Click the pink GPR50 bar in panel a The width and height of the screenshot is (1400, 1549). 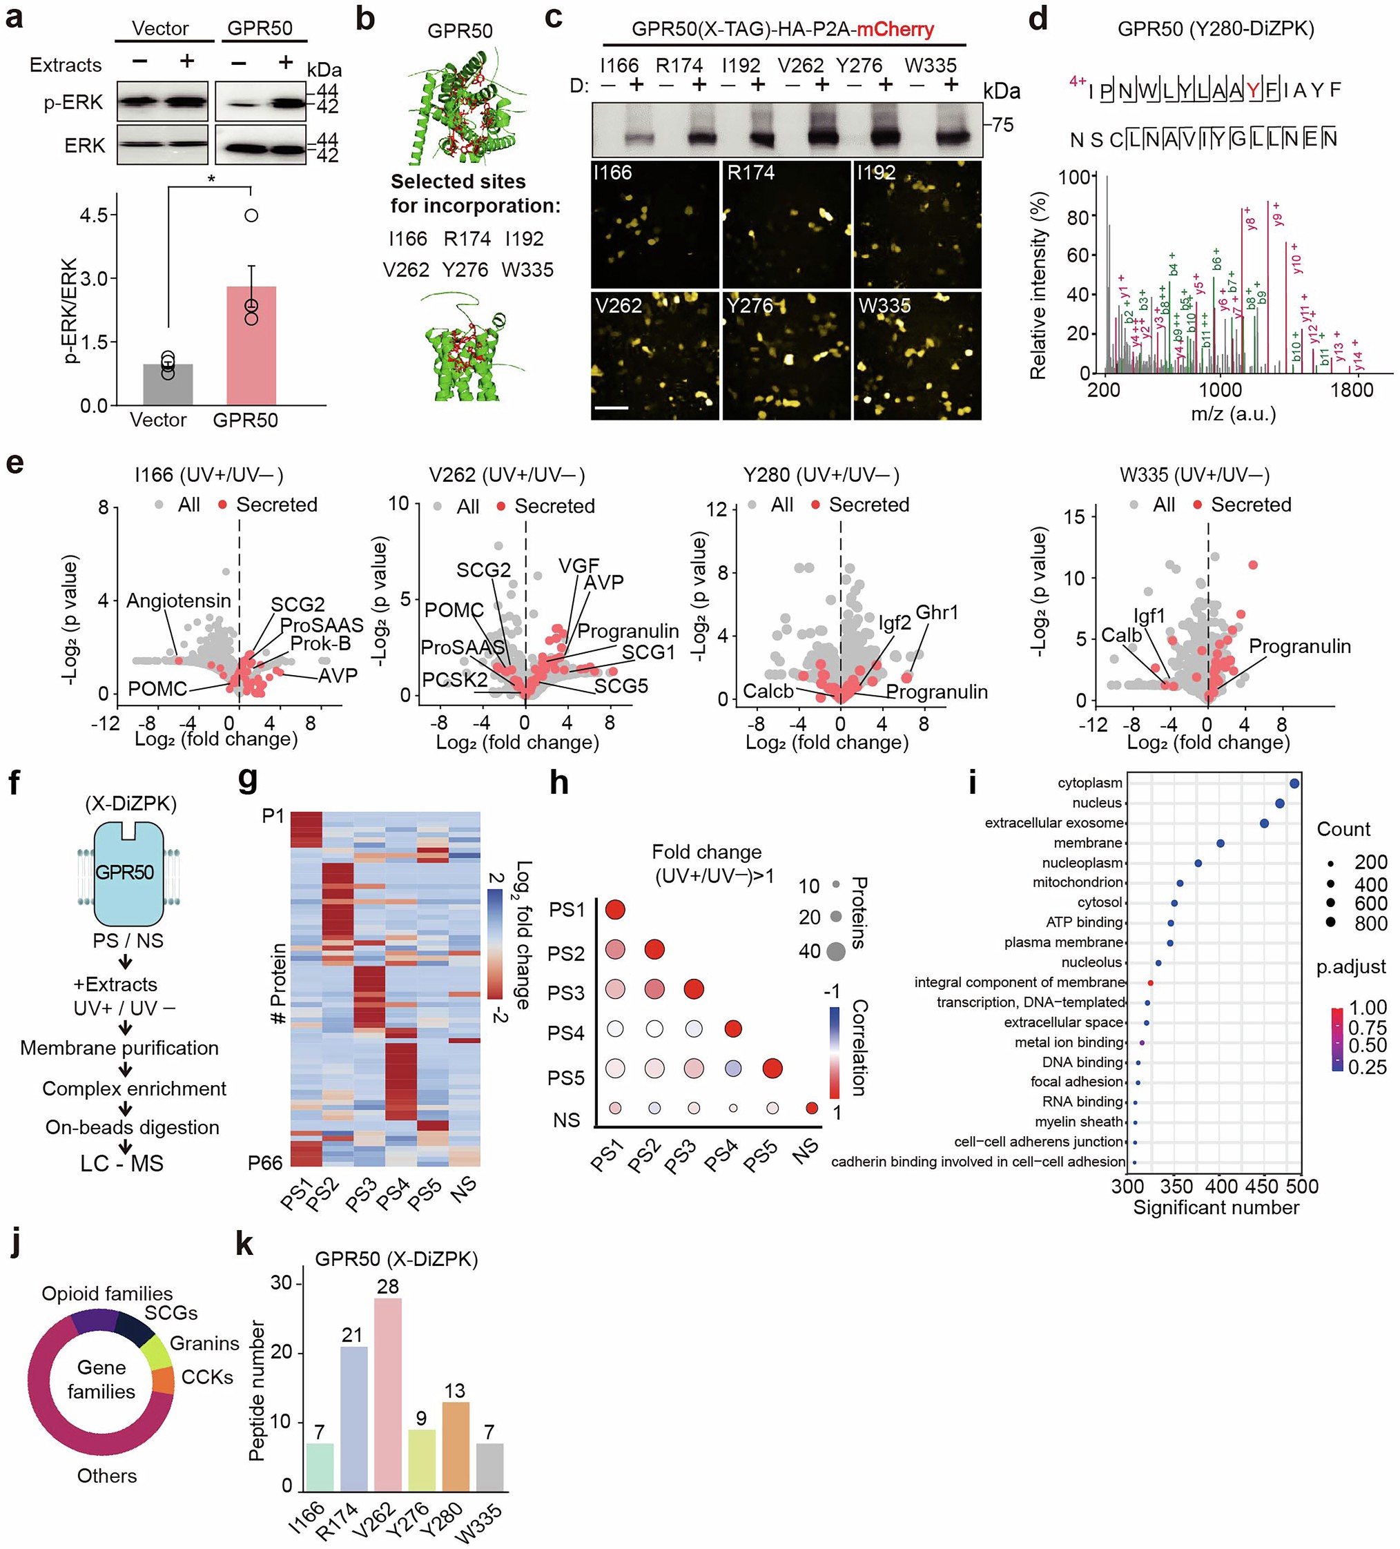click(x=251, y=345)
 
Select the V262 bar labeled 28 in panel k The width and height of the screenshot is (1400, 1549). click(x=388, y=1397)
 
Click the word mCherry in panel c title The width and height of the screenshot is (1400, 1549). click(x=895, y=30)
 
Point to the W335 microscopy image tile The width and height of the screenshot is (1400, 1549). click(x=917, y=355)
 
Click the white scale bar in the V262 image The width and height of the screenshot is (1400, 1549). click(x=612, y=408)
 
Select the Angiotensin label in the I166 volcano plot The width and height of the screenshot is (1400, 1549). click(x=178, y=600)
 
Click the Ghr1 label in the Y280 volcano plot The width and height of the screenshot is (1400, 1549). click(x=937, y=612)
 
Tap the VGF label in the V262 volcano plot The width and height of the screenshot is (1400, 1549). click(x=579, y=565)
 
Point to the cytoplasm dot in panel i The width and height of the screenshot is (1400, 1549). click(x=1294, y=783)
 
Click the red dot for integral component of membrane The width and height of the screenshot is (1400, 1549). click(x=1150, y=983)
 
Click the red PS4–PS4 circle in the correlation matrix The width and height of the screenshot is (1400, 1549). click(x=733, y=1028)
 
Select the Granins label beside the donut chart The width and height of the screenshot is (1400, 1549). click(x=204, y=1344)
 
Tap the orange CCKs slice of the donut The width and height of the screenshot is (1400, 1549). click(x=164, y=1381)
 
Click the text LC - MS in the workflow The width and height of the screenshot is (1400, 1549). click(x=122, y=1163)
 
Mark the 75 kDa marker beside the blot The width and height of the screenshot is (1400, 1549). click(x=1003, y=124)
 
